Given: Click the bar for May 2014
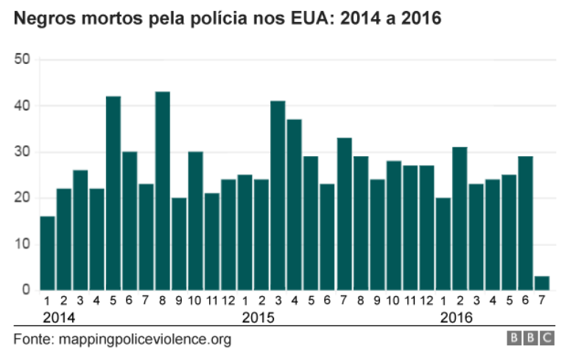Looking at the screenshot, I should pyautogui.click(x=113, y=193).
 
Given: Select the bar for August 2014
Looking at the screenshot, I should pyautogui.click(x=163, y=191).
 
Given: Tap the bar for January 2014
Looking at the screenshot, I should pyautogui.click(x=47, y=253).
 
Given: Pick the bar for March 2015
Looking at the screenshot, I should pyautogui.click(x=278, y=195).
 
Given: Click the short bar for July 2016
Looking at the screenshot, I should pyautogui.click(x=541, y=283).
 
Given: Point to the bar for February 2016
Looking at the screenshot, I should pyautogui.click(x=459, y=218).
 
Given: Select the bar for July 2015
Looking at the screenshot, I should pyautogui.click(x=344, y=213).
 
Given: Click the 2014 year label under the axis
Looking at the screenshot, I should pyautogui.click(x=58, y=318).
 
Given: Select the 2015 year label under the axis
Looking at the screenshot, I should pyautogui.click(x=258, y=318).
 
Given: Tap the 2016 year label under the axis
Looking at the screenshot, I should pyautogui.click(x=456, y=318).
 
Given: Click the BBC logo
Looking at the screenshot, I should pyautogui.click(x=531, y=339).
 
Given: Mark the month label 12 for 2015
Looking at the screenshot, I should pyautogui.click(x=426, y=301).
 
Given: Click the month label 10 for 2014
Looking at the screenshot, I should pyautogui.click(x=195, y=301).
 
